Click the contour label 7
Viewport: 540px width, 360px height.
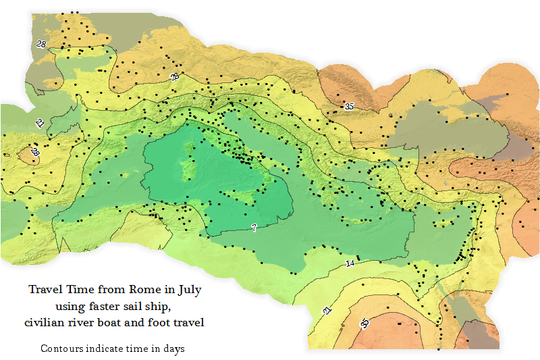tap(254, 228)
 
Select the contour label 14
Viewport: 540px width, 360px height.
tap(350, 263)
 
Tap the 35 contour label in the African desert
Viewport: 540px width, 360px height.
tap(365, 324)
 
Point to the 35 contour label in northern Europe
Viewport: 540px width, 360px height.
tap(349, 106)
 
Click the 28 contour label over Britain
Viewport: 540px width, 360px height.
tap(41, 44)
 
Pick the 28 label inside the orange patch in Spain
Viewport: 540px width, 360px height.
tap(35, 153)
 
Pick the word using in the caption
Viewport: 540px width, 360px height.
tap(67, 307)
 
